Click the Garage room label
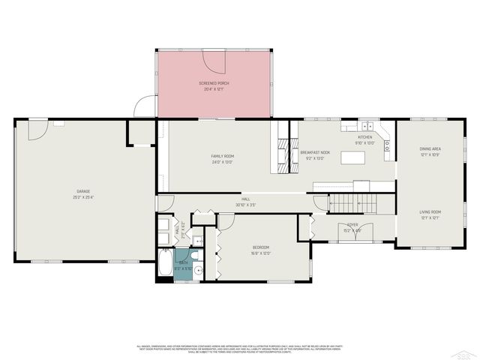[82, 191]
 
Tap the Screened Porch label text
[214, 82]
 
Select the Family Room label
[222, 155]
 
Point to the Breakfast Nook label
[316, 152]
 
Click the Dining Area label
[430, 149]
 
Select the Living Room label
[430, 212]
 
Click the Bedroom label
[260, 247]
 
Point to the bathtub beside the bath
[164, 267]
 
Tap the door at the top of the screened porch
[217, 60]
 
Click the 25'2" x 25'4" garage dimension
[82, 198]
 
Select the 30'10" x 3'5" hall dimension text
[246, 204]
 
